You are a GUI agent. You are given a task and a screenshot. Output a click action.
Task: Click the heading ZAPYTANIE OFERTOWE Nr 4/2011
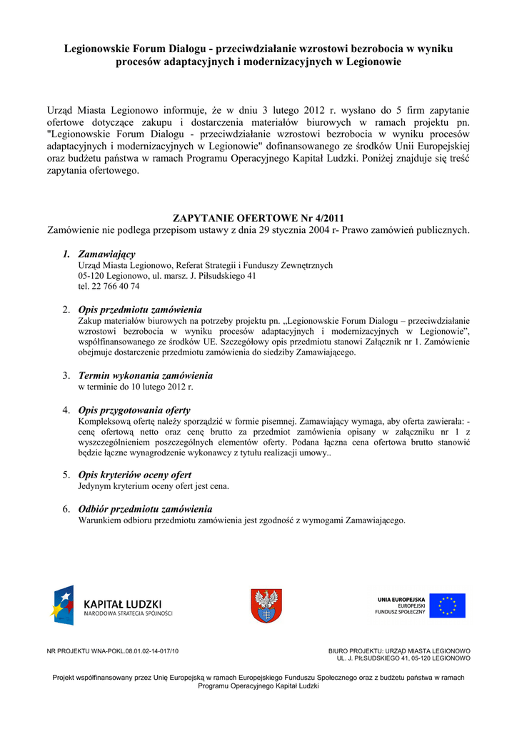(258, 218)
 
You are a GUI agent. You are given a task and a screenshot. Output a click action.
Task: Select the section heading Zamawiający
(106, 254)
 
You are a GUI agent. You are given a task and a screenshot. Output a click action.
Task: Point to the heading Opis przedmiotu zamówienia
(140, 310)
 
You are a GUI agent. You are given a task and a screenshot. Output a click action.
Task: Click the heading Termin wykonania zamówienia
(145, 375)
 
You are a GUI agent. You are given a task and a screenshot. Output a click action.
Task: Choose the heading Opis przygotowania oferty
(134, 410)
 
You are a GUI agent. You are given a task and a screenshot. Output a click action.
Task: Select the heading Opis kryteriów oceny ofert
(134, 475)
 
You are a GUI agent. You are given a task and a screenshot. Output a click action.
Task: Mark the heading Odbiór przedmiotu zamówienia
(145, 509)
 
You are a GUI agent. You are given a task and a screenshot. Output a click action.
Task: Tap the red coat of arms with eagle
(266, 605)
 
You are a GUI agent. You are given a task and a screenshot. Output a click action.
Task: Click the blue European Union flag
(447, 605)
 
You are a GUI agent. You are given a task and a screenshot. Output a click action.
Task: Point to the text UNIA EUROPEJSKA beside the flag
(401, 599)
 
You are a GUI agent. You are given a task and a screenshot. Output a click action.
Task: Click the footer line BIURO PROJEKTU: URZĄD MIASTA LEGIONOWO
(399, 651)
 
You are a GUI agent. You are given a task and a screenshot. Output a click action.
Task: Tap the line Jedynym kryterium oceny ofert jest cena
(154, 486)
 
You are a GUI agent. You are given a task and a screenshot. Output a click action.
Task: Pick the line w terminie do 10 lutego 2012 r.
(136, 387)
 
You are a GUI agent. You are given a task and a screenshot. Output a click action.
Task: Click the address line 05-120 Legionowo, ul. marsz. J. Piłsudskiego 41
(167, 276)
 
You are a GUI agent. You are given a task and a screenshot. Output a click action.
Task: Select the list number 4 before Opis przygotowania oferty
(66, 410)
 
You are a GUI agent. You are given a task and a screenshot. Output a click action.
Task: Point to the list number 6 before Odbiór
(66, 509)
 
